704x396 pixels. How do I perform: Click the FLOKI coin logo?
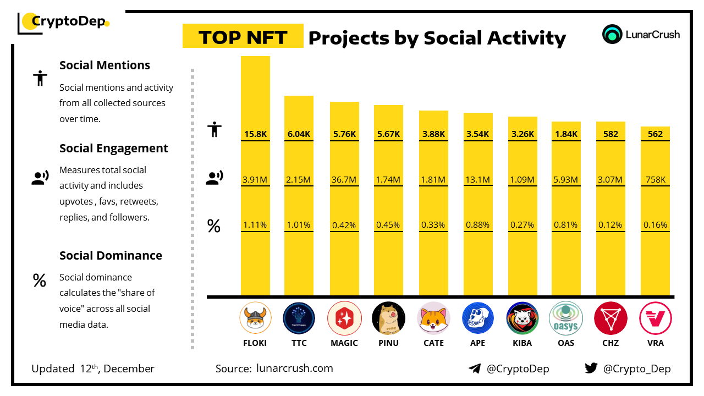pos(255,318)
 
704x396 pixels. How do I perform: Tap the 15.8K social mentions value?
pos(255,134)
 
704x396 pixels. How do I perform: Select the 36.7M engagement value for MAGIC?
pos(344,180)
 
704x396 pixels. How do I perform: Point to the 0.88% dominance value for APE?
pos(478,225)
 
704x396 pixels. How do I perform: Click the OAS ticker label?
pos(565,343)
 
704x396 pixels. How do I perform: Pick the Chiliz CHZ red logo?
pos(610,318)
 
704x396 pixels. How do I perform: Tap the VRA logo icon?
pos(655,318)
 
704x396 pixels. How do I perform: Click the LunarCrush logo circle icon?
pos(612,34)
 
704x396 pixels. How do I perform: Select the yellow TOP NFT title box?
pos(243,36)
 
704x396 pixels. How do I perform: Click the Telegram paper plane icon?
pos(475,369)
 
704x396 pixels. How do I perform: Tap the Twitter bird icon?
pos(591,369)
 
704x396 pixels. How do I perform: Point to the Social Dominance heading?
pos(111,256)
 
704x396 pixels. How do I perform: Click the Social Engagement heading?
pos(113,148)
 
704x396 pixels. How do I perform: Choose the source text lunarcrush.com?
pos(295,369)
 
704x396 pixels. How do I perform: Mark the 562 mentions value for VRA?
pos(655,134)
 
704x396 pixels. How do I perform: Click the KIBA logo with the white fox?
pos(522,318)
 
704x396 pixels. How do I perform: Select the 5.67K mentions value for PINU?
pos(388,134)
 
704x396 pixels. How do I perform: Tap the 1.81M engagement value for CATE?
pos(433,180)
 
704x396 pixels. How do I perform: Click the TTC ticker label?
pos(299,343)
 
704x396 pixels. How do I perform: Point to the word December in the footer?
pos(129,369)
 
